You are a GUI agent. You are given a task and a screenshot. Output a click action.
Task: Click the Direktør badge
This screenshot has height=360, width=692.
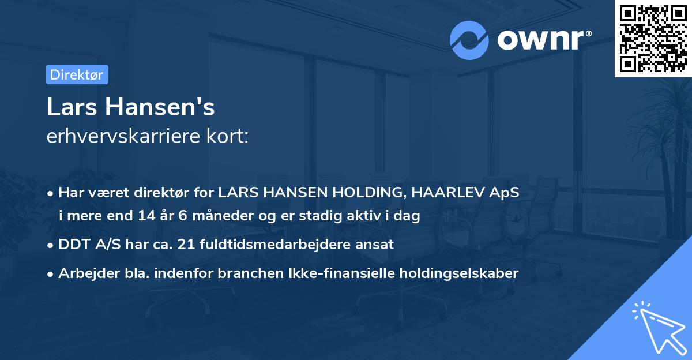pos(77,74)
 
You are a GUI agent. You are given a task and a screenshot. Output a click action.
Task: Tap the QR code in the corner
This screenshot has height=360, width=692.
pos(653,38)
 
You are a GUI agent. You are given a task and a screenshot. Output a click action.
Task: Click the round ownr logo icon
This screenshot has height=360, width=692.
pos(469,40)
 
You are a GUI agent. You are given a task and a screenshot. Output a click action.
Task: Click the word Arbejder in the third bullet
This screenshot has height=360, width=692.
pos(84,273)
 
